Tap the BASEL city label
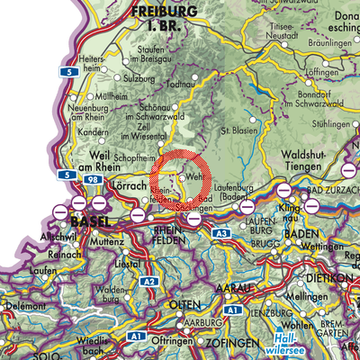89,221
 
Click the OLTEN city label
190,306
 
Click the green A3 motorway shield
220,234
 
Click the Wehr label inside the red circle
194,178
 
